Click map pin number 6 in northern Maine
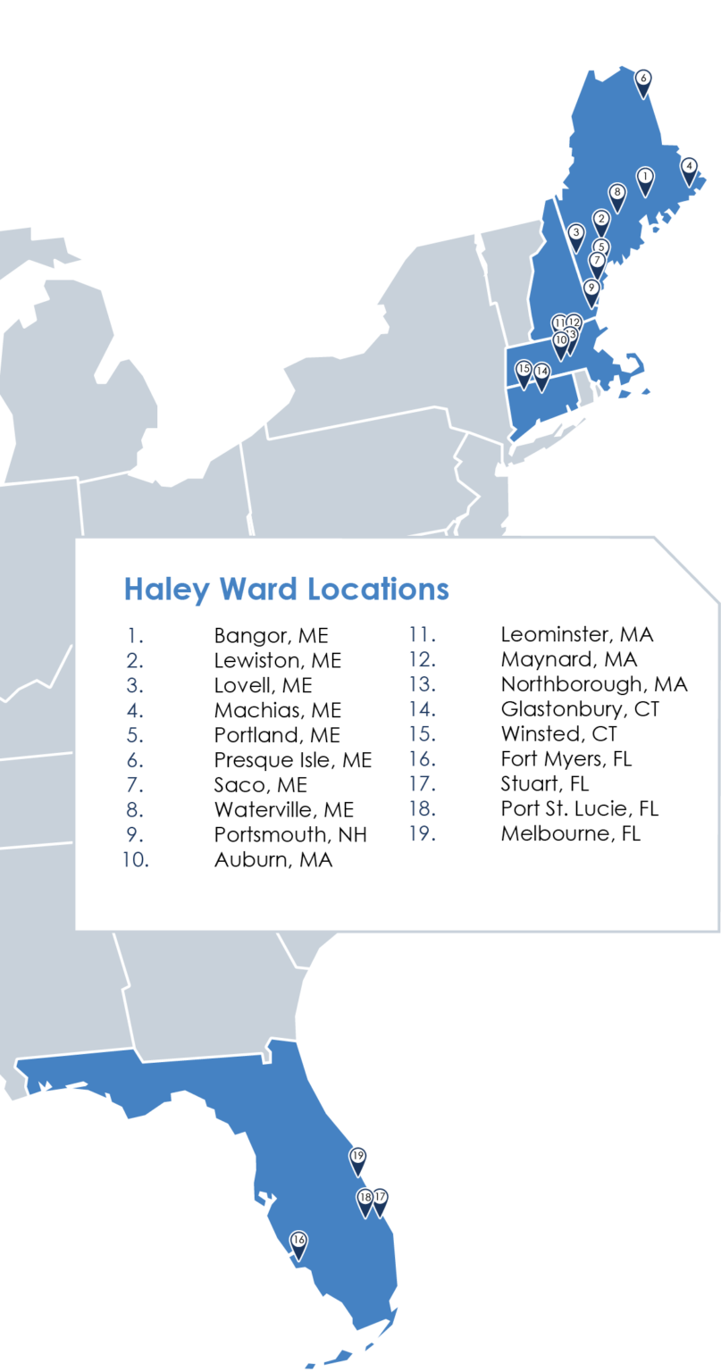[x=643, y=79]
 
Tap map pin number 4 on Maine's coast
[x=689, y=167]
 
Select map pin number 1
[x=645, y=178]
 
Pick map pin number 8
[x=616, y=193]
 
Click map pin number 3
[x=576, y=234]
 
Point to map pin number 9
[x=591, y=289]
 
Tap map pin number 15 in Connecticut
[x=524, y=370]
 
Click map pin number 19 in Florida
[x=358, y=1159]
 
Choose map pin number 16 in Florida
[x=298, y=1242]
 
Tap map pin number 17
[x=381, y=1199]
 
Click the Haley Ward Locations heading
[x=286, y=590]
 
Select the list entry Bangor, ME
[x=271, y=636]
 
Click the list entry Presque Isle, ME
[x=292, y=760]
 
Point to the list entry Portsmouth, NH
[x=290, y=834]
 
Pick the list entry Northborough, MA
[x=593, y=684]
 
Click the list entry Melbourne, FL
[x=570, y=833]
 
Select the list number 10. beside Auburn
[x=136, y=860]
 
